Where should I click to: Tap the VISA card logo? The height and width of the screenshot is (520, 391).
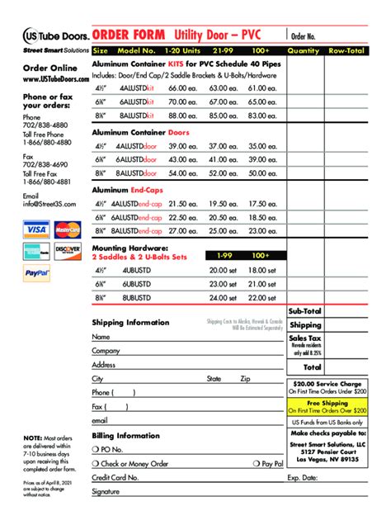(36, 229)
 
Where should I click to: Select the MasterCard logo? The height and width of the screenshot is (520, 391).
(67, 229)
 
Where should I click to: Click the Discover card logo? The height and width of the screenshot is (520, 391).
(67, 250)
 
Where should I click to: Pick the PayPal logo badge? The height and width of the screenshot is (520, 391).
(37, 272)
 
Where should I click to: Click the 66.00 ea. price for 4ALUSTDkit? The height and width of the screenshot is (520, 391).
(181, 87)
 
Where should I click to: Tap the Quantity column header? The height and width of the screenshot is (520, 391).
(304, 50)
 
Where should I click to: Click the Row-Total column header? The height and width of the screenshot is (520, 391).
(346, 50)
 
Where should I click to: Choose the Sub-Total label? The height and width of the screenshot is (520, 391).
(305, 311)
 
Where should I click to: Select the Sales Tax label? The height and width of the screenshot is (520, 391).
(305, 338)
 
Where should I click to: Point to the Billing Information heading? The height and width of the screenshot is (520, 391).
(126, 435)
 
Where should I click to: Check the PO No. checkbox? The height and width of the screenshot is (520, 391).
(96, 450)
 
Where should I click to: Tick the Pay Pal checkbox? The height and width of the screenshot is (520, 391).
(257, 464)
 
